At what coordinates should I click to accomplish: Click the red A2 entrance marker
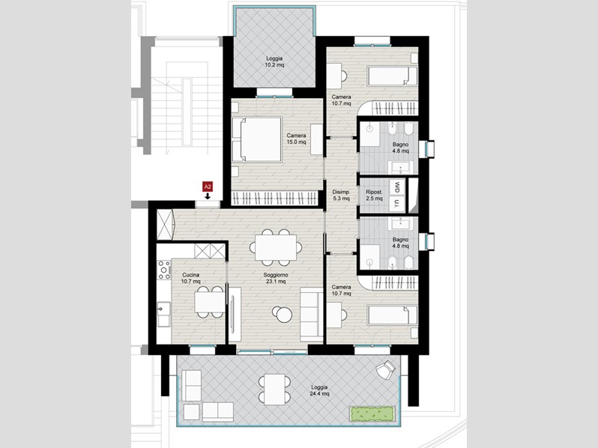pos(208,187)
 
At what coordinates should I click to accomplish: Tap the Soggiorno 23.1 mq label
pos(275,278)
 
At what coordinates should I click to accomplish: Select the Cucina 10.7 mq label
pos(190,278)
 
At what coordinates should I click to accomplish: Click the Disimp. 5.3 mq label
pos(341,196)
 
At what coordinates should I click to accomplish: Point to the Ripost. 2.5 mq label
pos(374,196)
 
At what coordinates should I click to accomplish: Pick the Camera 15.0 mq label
pos(296,139)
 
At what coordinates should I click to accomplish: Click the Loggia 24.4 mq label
pos(319,390)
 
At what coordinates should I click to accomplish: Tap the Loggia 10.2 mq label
pos(274,61)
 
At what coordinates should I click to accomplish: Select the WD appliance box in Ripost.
pos(397,187)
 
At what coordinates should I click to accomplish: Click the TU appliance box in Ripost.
pos(397,204)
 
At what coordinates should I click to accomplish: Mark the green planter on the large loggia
pos(372,414)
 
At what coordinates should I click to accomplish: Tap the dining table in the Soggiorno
pos(276,247)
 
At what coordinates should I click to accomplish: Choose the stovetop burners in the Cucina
pos(164,270)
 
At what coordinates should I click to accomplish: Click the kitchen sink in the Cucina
pos(164,314)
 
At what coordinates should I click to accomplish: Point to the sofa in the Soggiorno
pos(312,314)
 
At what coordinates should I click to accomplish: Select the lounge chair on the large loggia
pos(385,369)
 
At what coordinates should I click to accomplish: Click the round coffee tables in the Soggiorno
pos(283,314)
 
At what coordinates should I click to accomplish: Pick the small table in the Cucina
pos(210,302)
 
